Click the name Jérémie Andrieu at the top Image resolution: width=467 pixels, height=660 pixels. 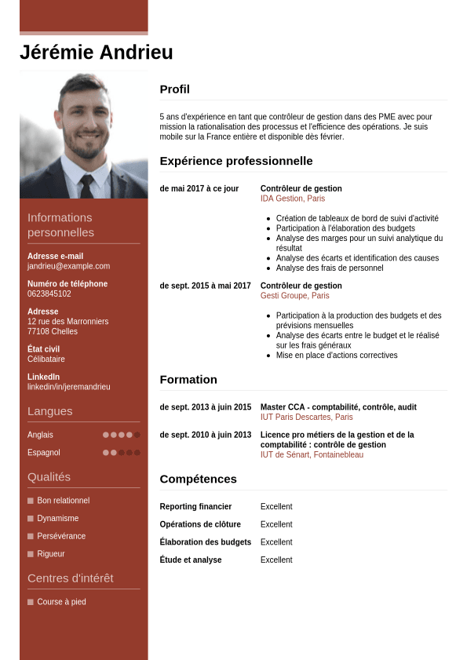(x=97, y=53)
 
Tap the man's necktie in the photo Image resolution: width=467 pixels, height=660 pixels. (x=86, y=185)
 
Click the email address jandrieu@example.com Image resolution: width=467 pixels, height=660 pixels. (x=68, y=266)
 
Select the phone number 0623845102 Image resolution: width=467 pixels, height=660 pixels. (x=49, y=294)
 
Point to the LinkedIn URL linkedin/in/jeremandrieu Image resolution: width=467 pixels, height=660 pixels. (x=68, y=387)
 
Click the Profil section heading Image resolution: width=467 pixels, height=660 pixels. (x=174, y=89)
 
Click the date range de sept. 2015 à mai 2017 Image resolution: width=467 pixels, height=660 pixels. (x=205, y=286)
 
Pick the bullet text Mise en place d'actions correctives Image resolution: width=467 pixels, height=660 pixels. (x=336, y=356)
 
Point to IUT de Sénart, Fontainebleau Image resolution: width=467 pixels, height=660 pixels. (x=312, y=455)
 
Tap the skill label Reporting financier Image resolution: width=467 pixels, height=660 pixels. (x=195, y=507)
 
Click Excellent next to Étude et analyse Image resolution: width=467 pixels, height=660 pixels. (x=276, y=560)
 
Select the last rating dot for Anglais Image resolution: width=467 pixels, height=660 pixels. (x=137, y=435)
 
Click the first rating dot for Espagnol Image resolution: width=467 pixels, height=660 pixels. (x=106, y=453)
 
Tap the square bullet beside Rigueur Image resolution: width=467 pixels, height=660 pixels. (x=31, y=554)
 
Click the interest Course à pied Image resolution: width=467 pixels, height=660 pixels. (x=61, y=602)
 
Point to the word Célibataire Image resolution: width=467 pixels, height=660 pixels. (x=46, y=359)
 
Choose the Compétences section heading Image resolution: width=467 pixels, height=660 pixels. (x=198, y=479)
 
